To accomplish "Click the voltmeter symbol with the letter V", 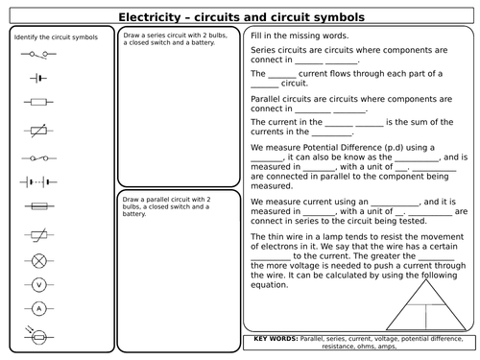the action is pos(39,284).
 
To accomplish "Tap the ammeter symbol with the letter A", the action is pos(39,309).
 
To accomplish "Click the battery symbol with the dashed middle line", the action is pos(39,180).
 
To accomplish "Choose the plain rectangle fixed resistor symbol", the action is pos(39,101).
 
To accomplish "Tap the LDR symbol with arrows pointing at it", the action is pos(39,335).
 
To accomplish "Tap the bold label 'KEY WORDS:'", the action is pos(278,339).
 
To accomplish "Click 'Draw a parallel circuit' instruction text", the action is pos(157,199).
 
